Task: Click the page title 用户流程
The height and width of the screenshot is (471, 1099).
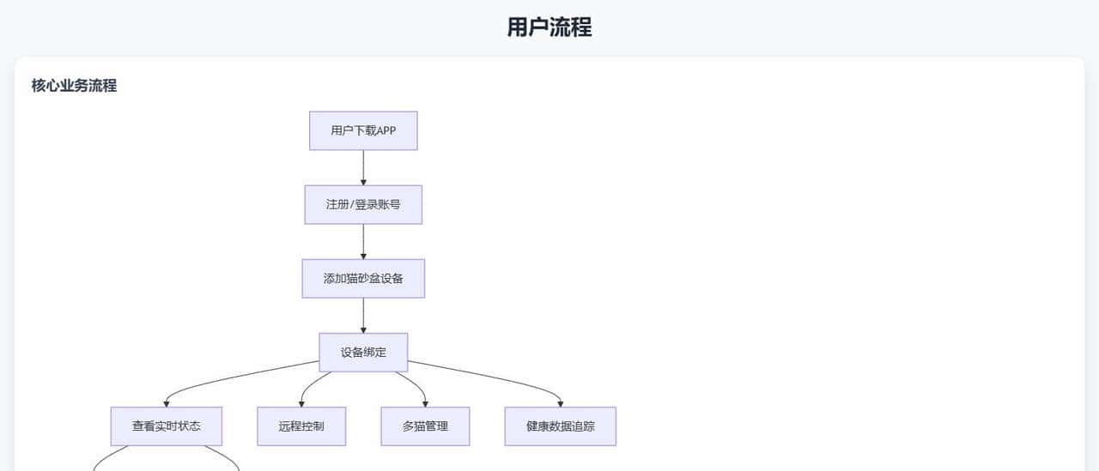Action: coord(549,27)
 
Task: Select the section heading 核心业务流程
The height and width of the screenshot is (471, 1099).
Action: coord(74,86)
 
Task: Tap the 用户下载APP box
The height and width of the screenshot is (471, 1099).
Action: coord(363,130)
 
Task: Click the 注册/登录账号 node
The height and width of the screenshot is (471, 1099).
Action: coord(363,204)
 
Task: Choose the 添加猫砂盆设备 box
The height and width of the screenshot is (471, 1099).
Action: coord(363,278)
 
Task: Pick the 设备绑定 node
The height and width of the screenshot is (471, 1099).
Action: coord(363,352)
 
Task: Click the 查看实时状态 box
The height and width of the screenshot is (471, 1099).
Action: coord(167,426)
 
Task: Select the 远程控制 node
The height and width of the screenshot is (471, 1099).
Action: coord(301,426)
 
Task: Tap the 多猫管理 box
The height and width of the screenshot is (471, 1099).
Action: coord(425,426)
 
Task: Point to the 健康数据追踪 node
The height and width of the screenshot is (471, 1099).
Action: coord(560,426)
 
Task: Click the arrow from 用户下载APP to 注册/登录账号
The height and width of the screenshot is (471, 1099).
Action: coord(363,166)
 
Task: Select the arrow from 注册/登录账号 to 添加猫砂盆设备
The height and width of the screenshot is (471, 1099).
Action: coord(363,240)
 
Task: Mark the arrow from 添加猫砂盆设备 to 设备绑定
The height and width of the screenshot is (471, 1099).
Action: coord(363,314)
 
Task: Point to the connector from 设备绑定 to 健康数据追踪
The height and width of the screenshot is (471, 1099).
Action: coord(489,378)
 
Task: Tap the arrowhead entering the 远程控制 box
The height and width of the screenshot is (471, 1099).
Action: coord(301,403)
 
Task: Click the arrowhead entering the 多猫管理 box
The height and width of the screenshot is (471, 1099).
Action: coord(425,403)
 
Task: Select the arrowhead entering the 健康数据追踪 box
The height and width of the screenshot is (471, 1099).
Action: coord(560,403)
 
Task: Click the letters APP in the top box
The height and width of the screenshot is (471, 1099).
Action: coord(386,130)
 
